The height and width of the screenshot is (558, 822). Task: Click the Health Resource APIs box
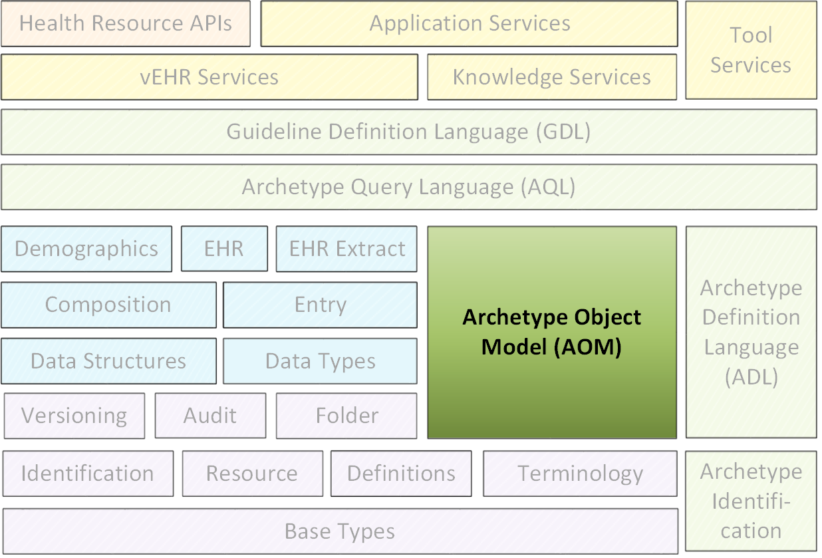(x=126, y=23)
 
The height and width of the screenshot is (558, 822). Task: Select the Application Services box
(x=470, y=23)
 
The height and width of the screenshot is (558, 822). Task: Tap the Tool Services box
(x=752, y=51)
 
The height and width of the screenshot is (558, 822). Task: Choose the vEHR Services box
(x=209, y=77)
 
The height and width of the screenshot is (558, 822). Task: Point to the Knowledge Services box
(x=552, y=77)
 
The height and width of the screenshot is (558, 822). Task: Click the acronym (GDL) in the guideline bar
(x=564, y=132)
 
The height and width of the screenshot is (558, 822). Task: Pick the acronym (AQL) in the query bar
(x=548, y=187)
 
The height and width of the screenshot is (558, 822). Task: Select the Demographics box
(x=86, y=249)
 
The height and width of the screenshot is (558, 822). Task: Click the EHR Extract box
(x=346, y=249)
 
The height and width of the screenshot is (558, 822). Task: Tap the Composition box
(x=108, y=305)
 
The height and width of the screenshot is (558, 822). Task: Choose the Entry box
(x=320, y=305)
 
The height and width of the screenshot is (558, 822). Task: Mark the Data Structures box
(x=108, y=361)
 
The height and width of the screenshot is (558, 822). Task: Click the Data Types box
(x=320, y=361)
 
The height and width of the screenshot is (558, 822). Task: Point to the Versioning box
(x=74, y=416)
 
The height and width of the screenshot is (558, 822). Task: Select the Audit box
(x=210, y=416)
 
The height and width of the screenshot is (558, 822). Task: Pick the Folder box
(x=346, y=416)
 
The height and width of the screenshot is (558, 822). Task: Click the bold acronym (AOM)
(x=588, y=347)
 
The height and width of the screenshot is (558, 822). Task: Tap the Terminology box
(x=580, y=474)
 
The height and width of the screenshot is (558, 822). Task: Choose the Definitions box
(x=401, y=474)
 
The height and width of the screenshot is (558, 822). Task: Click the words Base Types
(x=340, y=531)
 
